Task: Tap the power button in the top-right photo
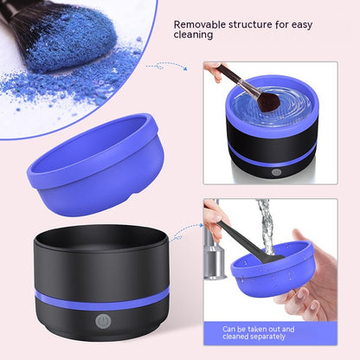(x=275, y=172)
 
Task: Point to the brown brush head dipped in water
(x=267, y=101)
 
